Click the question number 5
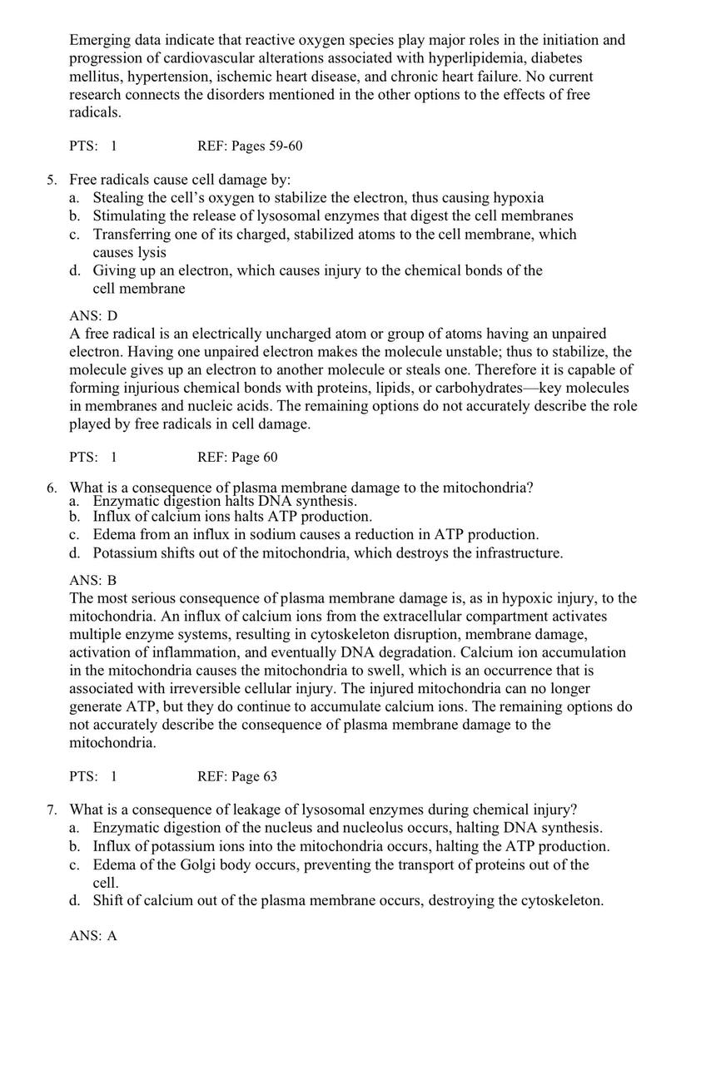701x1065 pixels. (x=51, y=180)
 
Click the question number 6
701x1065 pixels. (x=51, y=488)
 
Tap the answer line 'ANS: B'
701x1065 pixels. (x=93, y=581)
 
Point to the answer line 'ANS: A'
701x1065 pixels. (x=93, y=936)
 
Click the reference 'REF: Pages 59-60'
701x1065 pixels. (x=250, y=146)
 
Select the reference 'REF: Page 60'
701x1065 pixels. (x=237, y=458)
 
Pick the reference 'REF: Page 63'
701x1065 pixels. (x=237, y=776)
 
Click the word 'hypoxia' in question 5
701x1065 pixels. (x=519, y=198)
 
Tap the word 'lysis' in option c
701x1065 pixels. (x=151, y=252)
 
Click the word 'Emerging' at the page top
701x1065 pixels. (x=99, y=40)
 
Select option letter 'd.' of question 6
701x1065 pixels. (x=75, y=552)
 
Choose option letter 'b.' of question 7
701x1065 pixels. (x=75, y=846)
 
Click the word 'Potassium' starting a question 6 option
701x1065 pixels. (x=124, y=552)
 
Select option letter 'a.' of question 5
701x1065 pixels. (x=75, y=198)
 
